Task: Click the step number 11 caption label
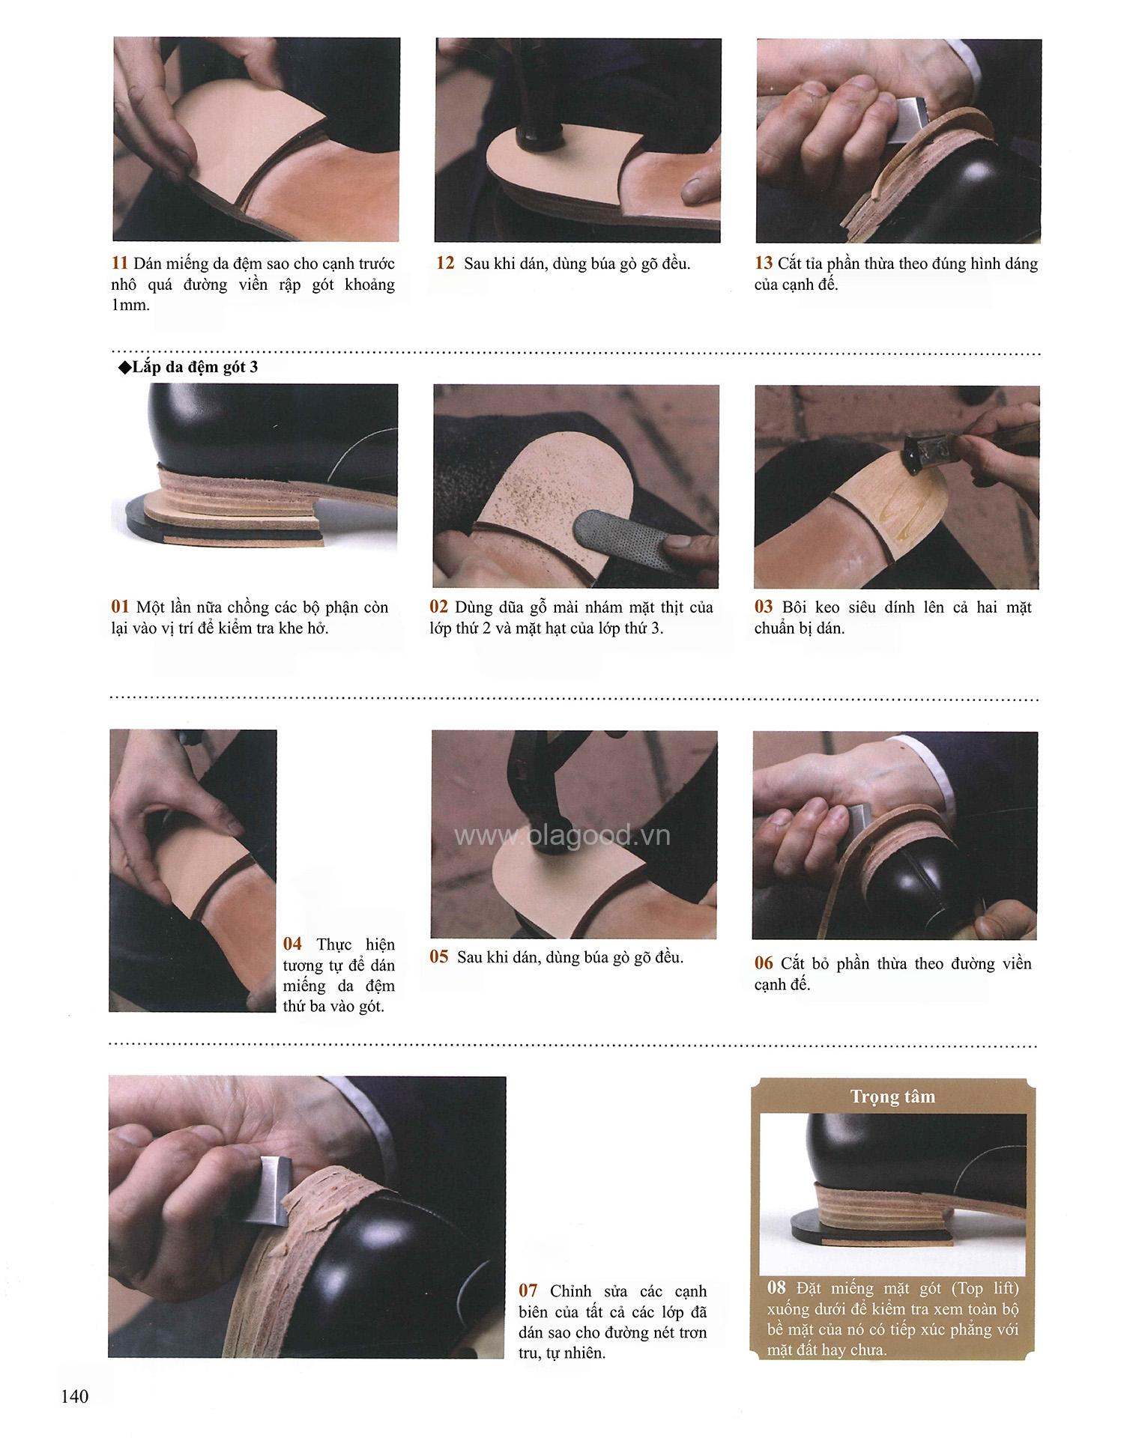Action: [x=120, y=264]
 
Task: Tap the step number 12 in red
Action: [x=445, y=264]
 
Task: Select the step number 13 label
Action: [x=764, y=264]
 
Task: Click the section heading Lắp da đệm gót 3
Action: [x=189, y=368]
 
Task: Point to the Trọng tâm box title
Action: [x=892, y=1097]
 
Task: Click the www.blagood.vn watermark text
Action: [x=563, y=836]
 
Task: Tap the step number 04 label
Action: [x=292, y=944]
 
